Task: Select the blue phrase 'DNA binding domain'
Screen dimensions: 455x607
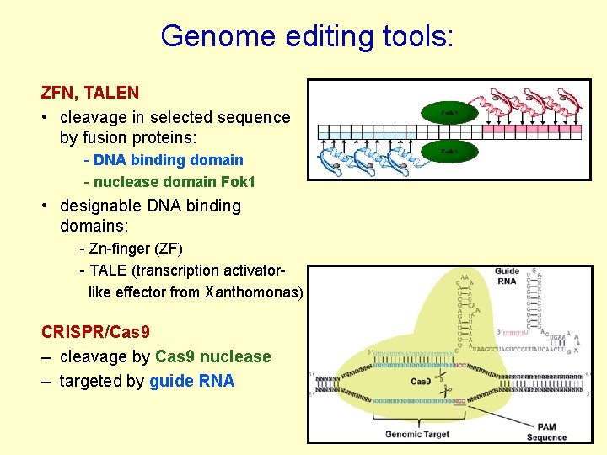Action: click(169, 160)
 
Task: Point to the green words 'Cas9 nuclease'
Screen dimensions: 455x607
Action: click(213, 356)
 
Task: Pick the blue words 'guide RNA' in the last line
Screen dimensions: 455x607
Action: click(191, 381)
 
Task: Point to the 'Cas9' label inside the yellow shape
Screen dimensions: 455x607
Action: click(421, 382)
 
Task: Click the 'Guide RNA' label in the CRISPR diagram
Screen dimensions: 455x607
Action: click(507, 276)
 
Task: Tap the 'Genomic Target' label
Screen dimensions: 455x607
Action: click(417, 434)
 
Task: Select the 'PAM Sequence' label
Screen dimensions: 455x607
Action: click(546, 432)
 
